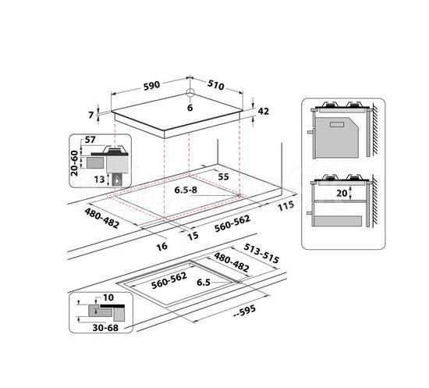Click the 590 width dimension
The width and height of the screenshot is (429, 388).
[151, 85]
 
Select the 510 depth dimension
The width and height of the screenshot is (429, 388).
[215, 85]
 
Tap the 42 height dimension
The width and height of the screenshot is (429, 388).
[264, 111]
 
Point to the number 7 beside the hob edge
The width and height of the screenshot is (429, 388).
[91, 115]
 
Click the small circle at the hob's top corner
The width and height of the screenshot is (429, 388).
[190, 93]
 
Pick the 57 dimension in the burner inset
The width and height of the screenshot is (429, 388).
[90, 140]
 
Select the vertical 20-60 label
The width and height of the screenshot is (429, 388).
[74, 163]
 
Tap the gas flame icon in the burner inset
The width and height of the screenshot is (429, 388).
[117, 180]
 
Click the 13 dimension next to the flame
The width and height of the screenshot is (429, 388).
[99, 180]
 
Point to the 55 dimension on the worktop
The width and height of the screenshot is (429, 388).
[223, 177]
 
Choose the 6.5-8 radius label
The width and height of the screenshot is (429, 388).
[186, 190]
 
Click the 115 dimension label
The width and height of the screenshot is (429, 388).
[286, 205]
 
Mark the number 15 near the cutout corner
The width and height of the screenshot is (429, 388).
[193, 236]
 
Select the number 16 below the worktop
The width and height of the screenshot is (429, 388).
[161, 247]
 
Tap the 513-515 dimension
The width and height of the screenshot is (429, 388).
[261, 254]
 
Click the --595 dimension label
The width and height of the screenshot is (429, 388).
[245, 311]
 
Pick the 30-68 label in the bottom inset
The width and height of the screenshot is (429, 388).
[105, 327]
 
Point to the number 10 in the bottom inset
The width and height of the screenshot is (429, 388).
[108, 297]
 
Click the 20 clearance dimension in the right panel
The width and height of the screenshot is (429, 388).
[342, 193]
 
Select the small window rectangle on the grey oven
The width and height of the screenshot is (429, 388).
[337, 124]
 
